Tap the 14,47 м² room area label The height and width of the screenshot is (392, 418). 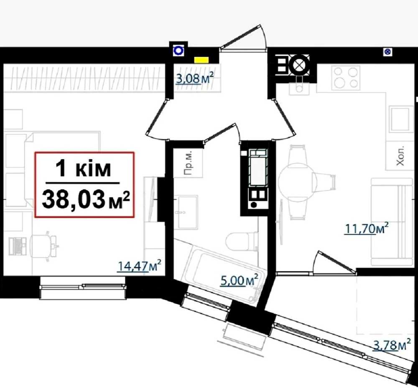click(139, 266)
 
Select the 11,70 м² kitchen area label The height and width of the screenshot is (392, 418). click(367, 228)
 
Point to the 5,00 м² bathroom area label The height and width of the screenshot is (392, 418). click(240, 280)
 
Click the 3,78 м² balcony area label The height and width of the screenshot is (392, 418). click(392, 345)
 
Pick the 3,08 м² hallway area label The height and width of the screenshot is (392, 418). click(195, 78)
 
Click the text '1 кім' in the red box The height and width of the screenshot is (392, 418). click(83, 168)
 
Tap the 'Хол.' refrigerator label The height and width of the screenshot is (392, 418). click(400, 155)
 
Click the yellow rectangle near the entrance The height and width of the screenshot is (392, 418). click(201, 60)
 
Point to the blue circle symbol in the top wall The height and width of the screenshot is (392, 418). click(178, 51)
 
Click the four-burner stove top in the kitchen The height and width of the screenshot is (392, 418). click(346, 78)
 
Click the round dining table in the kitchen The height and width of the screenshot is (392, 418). click(296, 182)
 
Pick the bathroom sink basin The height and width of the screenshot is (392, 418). click(186, 212)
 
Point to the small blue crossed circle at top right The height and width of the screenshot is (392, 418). click(387, 52)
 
